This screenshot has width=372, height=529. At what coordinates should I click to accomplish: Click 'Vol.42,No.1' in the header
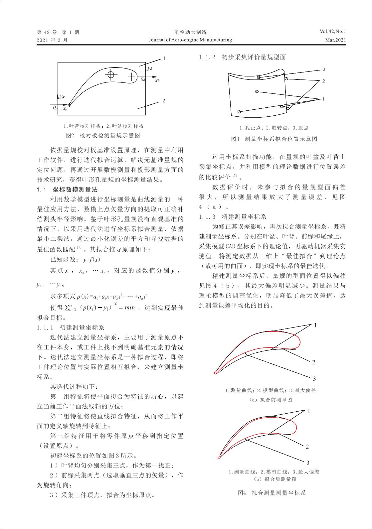click(x=333, y=32)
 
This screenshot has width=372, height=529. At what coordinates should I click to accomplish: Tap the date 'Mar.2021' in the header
click(x=336, y=40)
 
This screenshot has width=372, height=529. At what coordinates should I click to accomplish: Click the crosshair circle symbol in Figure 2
click(x=111, y=74)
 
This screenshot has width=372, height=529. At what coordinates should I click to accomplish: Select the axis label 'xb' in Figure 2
click(x=157, y=80)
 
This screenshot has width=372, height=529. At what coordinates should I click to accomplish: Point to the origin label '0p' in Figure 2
click(x=55, y=108)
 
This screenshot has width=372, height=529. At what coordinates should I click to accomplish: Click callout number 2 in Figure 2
click(x=164, y=100)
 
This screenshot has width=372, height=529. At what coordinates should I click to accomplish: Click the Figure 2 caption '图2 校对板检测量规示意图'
click(x=103, y=135)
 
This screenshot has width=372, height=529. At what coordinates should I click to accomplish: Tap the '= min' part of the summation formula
click(x=127, y=308)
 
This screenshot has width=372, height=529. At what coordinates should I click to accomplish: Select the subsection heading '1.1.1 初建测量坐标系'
click(x=71, y=328)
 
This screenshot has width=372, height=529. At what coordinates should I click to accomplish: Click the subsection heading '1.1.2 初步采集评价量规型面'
click(x=242, y=57)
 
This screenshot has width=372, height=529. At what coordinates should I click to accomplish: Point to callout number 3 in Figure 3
click(x=324, y=69)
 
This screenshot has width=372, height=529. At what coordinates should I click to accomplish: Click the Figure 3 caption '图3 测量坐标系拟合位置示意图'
click(x=274, y=139)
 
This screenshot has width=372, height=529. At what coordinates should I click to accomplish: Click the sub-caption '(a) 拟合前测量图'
click(x=271, y=400)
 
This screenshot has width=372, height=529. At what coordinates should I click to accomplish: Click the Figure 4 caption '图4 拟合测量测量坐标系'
click(x=272, y=493)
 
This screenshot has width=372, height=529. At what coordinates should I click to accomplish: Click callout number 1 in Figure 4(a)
click(x=315, y=325)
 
